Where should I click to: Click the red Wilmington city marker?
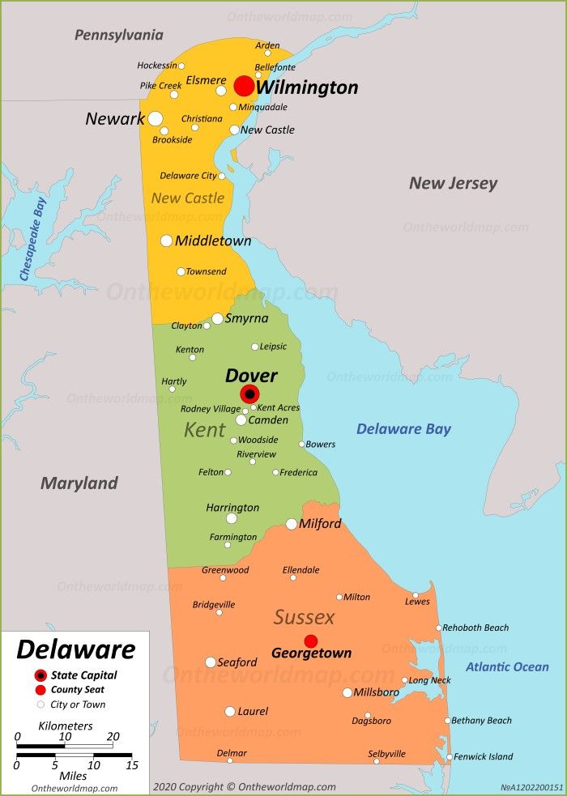244,87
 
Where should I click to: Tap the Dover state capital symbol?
250,394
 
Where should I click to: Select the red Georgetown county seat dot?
311,641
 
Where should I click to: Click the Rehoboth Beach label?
475,628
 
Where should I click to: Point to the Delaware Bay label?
403,429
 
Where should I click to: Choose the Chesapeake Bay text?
32,241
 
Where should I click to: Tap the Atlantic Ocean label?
507,666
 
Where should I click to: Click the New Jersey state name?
453,183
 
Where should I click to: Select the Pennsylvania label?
119,35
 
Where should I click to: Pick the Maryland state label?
79,483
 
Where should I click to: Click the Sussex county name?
304,618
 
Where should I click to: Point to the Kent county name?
204,430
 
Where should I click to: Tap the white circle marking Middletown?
166,241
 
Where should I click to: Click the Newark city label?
115,119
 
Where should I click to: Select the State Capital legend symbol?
40,675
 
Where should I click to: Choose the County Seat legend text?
78,690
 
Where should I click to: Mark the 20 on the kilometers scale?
113,737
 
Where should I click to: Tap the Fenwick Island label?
484,756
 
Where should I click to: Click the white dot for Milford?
292,524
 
